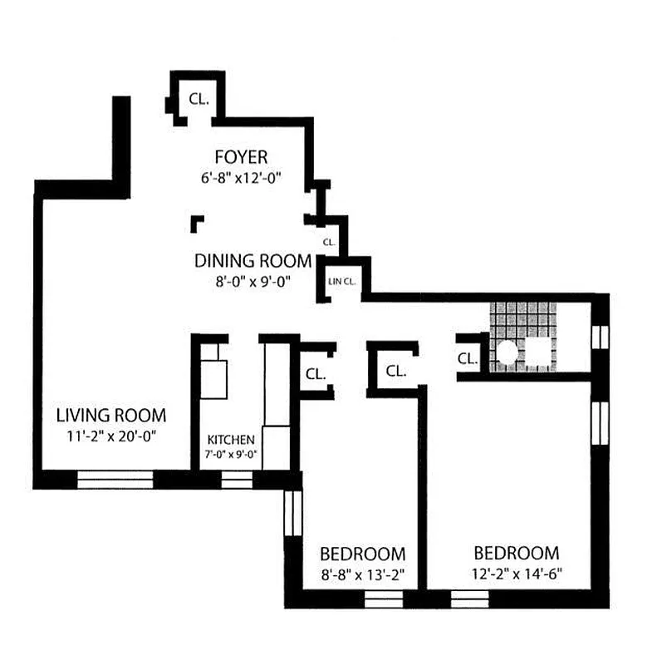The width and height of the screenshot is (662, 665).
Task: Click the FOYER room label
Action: [x=241, y=157]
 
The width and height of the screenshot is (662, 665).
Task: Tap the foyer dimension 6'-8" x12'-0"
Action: [x=241, y=177]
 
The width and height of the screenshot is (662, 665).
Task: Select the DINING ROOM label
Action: [x=253, y=261]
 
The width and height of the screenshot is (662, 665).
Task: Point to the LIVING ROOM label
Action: [x=110, y=415]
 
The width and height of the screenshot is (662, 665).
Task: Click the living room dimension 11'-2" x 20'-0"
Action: [x=110, y=434]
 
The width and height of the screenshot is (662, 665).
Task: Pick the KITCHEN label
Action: [x=230, y=439]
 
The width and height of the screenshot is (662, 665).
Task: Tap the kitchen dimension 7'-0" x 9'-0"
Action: [x=230, y=454]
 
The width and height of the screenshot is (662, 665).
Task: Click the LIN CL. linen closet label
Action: [x=342, y=282]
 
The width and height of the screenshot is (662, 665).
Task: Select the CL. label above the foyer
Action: [x=199, y=98]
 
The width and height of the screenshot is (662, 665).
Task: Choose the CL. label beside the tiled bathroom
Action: [x=468, y=358]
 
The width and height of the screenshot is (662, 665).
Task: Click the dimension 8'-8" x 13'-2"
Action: [x=363, y=574]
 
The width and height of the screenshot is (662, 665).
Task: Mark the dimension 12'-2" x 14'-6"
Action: [x=516, y=574]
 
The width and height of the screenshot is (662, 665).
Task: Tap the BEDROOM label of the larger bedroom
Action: [x=516, y=553]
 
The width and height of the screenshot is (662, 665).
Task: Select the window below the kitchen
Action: [x=236, y=480]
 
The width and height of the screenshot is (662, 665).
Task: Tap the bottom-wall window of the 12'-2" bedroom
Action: [x=470, y=598]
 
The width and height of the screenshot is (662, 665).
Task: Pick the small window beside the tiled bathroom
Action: [x=599, y=336]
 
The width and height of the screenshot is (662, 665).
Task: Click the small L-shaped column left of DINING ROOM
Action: [x=197, y=223]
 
